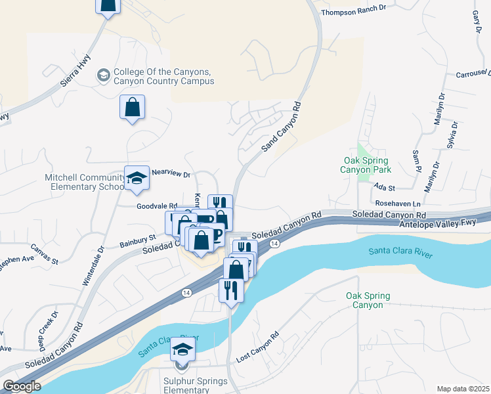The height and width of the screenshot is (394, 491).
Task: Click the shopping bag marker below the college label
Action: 132,107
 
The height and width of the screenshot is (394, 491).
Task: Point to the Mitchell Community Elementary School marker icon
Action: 137,178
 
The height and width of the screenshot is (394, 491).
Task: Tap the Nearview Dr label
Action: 171,175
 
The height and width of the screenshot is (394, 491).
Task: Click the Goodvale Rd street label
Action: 157,206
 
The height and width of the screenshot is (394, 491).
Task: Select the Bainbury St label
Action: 137,241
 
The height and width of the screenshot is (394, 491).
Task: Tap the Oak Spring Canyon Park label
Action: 366,165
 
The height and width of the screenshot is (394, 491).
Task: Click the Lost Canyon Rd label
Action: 257,346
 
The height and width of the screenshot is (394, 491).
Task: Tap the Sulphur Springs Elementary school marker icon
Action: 184,351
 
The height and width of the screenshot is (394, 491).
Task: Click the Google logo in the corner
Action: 22,386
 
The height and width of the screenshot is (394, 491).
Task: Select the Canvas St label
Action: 45,255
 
